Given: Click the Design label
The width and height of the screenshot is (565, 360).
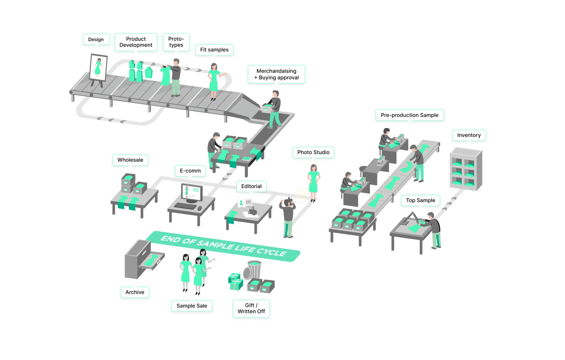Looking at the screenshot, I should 96,40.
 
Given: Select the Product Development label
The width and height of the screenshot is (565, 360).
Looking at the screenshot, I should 136,42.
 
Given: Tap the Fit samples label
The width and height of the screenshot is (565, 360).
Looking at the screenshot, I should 214,50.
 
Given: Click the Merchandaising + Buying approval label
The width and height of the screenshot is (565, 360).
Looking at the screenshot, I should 276,74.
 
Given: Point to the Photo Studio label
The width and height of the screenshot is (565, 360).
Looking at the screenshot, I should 313,152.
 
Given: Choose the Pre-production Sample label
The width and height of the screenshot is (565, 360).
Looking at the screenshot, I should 409,115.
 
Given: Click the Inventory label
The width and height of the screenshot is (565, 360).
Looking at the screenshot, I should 469,135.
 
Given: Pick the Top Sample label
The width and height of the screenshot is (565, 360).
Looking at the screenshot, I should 420,200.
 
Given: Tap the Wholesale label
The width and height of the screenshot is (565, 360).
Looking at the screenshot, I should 130,160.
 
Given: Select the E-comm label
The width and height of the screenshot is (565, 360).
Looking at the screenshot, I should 190,171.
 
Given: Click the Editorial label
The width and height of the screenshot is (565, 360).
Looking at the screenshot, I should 251,186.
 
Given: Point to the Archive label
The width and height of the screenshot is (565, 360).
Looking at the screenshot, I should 135,292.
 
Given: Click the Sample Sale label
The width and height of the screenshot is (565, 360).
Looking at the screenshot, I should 192,306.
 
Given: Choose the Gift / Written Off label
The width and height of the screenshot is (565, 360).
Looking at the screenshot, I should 251,308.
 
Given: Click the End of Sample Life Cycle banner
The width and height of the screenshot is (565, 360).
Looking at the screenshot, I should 223,246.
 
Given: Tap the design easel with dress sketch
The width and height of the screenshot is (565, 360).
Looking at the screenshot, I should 98,68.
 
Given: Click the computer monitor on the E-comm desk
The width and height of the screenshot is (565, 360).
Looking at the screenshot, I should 191,192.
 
